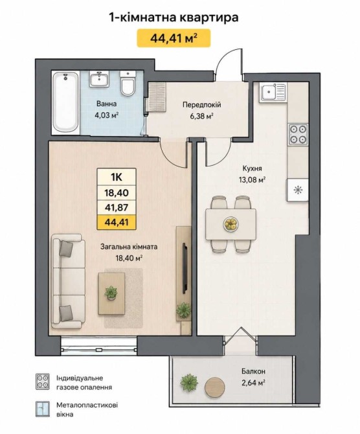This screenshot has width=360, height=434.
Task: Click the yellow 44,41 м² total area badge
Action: point(174,38)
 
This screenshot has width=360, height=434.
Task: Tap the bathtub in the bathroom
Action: point(66,103)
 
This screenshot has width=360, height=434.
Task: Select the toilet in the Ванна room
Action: point(128,82)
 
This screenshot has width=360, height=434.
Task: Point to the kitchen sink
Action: point(273,92)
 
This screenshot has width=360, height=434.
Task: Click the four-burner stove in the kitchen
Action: point(298,134)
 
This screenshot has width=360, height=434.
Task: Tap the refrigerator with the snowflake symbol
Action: point(298,190)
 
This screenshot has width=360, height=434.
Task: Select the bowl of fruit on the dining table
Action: point(231,223)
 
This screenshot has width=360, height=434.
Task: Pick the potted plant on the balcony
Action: point(189,382)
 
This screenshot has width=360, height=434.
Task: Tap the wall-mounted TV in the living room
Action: point(185,268)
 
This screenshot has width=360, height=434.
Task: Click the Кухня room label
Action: point(252,168)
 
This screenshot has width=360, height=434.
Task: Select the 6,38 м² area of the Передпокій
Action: point(201,116)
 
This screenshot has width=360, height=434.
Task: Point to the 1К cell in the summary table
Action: point(116,177)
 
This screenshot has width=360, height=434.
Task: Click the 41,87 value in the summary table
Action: point(116,207)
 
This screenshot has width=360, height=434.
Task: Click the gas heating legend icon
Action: point(43,382)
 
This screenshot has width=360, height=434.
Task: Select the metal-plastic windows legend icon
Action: point(43,409)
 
